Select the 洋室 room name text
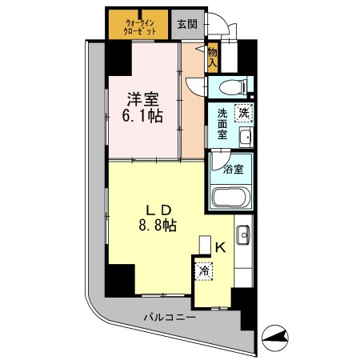click(142, 99)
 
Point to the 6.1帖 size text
click(142, 115)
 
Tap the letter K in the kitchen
click(220, 247)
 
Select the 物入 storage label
click(212, 55)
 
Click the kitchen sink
click(245, 238)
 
